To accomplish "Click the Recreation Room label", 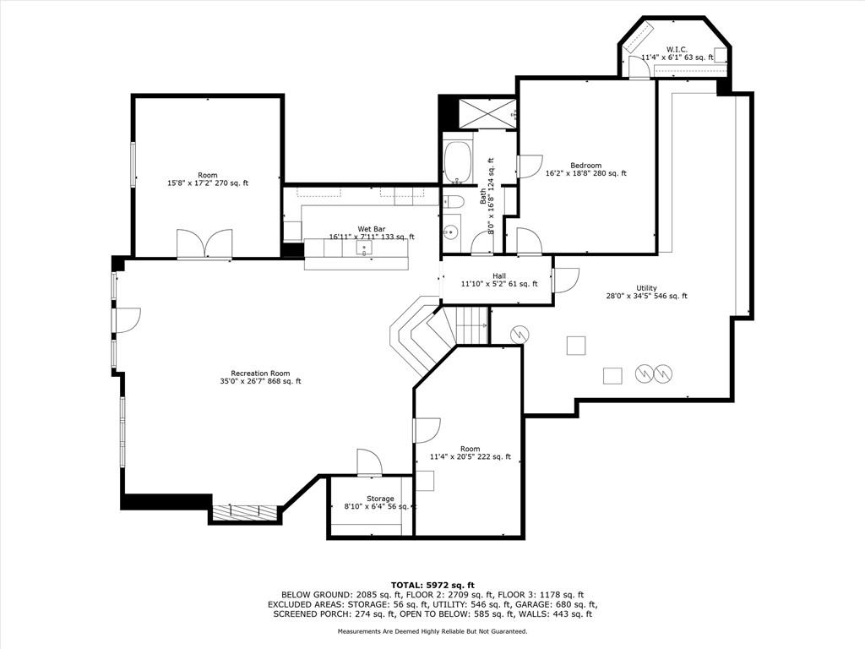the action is tap(260, 373).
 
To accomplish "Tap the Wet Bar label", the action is tap(372, 229).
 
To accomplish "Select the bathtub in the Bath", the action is tap(457, 162).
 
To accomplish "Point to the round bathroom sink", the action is tap(452, 232).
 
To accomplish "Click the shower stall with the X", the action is tap(487, 114).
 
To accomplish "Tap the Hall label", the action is tap(499, 276).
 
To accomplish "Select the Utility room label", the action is tap(646, 288).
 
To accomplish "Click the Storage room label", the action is tap(380, 499).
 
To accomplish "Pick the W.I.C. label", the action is tap(677, 50).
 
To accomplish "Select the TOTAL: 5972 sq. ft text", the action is tap(432, 585).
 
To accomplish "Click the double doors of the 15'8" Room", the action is tap(204, 243).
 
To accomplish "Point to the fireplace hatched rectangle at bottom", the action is tap(246, 512).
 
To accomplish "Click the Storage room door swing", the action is tap(368, 462).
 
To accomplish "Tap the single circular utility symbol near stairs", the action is tap(520, 333).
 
